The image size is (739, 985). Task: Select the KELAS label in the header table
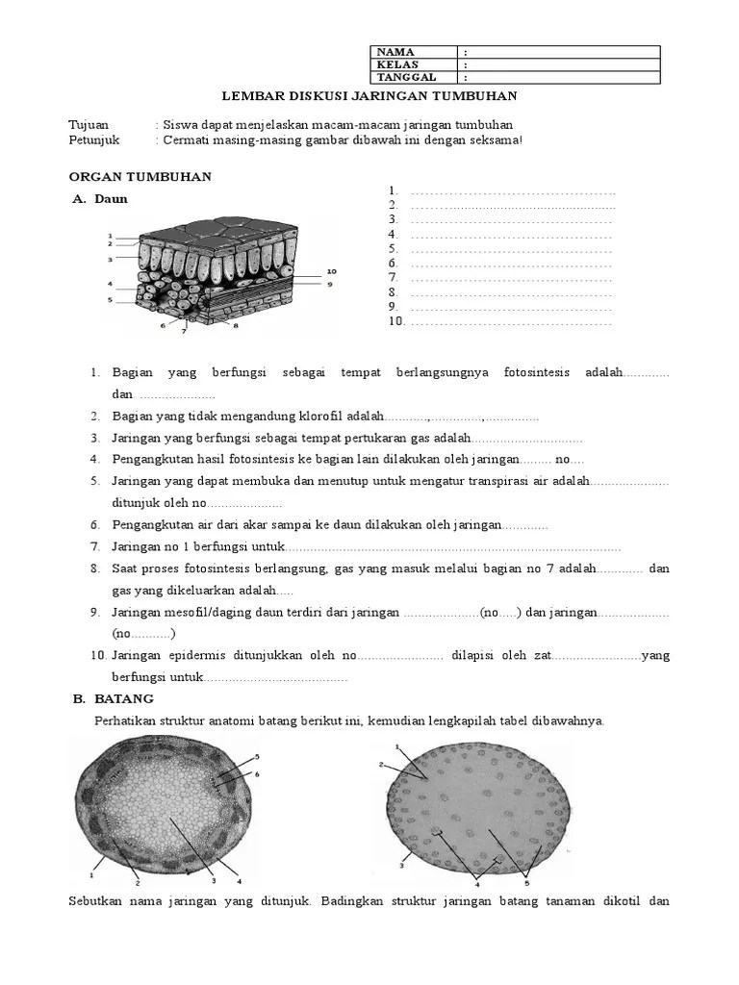396,65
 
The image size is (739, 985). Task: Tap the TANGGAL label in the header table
406,78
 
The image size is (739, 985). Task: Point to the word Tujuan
89,125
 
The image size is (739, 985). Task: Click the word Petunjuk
93,140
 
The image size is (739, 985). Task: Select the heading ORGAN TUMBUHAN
140,177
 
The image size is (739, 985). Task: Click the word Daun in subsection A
111,199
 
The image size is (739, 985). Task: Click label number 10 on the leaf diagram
331,271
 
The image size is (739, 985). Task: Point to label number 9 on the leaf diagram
329,284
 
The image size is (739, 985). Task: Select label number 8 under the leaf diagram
235,326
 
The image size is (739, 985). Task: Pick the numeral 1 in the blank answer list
393,190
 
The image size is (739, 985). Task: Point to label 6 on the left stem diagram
257,774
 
